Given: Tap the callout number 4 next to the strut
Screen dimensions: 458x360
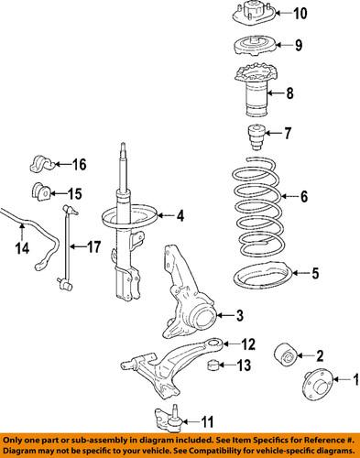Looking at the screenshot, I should [x=180, y=216].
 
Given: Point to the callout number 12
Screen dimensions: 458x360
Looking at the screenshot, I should [x=246, y=345].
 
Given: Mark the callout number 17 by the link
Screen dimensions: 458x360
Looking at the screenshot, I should [x=93, y=246].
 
